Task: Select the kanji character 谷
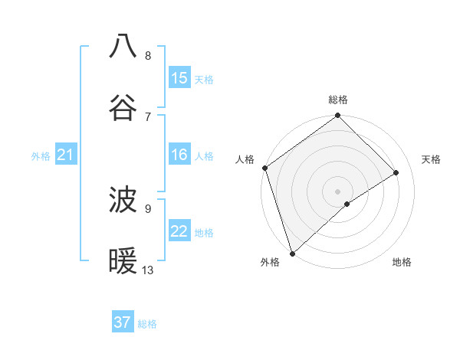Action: [x=123, y=108]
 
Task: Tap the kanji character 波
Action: [x=123, y=201]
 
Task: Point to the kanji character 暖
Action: [x=123, y=262]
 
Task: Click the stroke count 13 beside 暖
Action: [x=148, y=270]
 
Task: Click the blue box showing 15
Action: [x=179, y=78]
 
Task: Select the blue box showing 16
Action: [x=179, y=155]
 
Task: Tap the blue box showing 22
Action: [x=179, y=231]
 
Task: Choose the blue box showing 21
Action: [x=66, y=155]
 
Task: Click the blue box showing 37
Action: [x=123, y=322]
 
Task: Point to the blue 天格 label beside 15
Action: [x=204, y=79]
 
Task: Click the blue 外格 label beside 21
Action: [x=41, y=156]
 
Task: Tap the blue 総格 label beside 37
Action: [x=147, y=324]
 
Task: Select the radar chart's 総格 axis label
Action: [x=338, y=100]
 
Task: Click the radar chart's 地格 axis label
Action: [x=402, y=263]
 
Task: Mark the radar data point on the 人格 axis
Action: [x=264, y=168]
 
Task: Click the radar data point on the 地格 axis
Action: [x=347, y=204]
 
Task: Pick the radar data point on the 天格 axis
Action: [x=396, y=172]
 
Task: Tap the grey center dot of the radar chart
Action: [x=338, y=191]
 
